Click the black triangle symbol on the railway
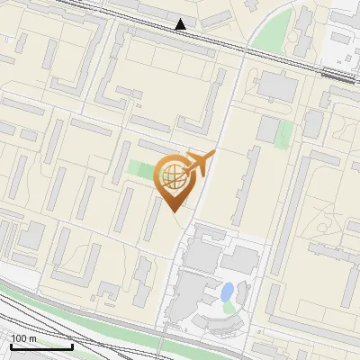[182, 24]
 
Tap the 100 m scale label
[23, 338]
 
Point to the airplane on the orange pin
[200, 164]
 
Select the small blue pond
[227, 292]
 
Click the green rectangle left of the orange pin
[140, 170]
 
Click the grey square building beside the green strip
[268, 130]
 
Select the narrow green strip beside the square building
[284, 133]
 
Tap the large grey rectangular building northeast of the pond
[240, 260]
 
